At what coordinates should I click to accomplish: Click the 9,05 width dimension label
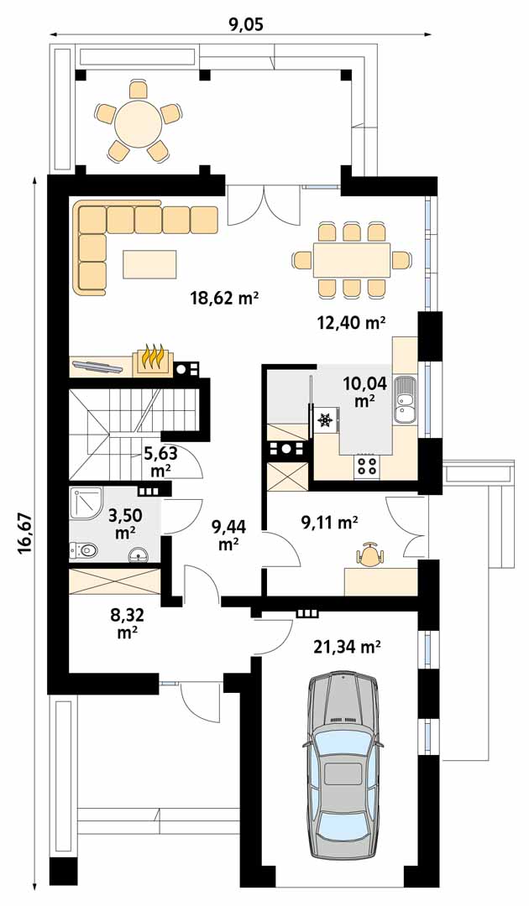242,23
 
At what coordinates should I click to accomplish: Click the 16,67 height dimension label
25,533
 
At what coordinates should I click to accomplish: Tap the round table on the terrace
139,122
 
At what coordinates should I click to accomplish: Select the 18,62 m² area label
224,298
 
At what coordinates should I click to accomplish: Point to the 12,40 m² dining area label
352,322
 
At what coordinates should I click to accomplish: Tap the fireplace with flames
153,360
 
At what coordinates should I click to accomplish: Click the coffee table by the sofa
149,263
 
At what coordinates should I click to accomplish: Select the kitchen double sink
405,399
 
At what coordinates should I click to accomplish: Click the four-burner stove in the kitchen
367,466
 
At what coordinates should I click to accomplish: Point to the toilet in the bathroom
81,550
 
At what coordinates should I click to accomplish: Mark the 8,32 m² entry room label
127,622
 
